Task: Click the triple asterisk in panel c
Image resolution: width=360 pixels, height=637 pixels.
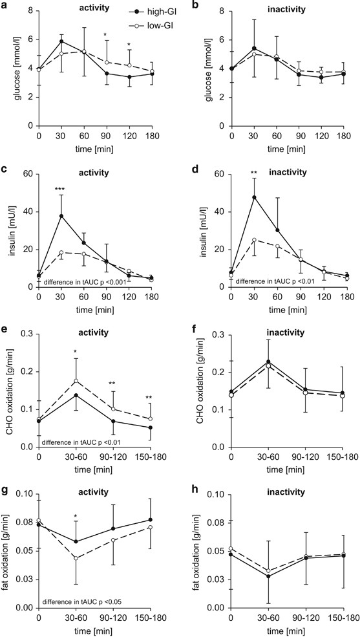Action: point(61,189)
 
